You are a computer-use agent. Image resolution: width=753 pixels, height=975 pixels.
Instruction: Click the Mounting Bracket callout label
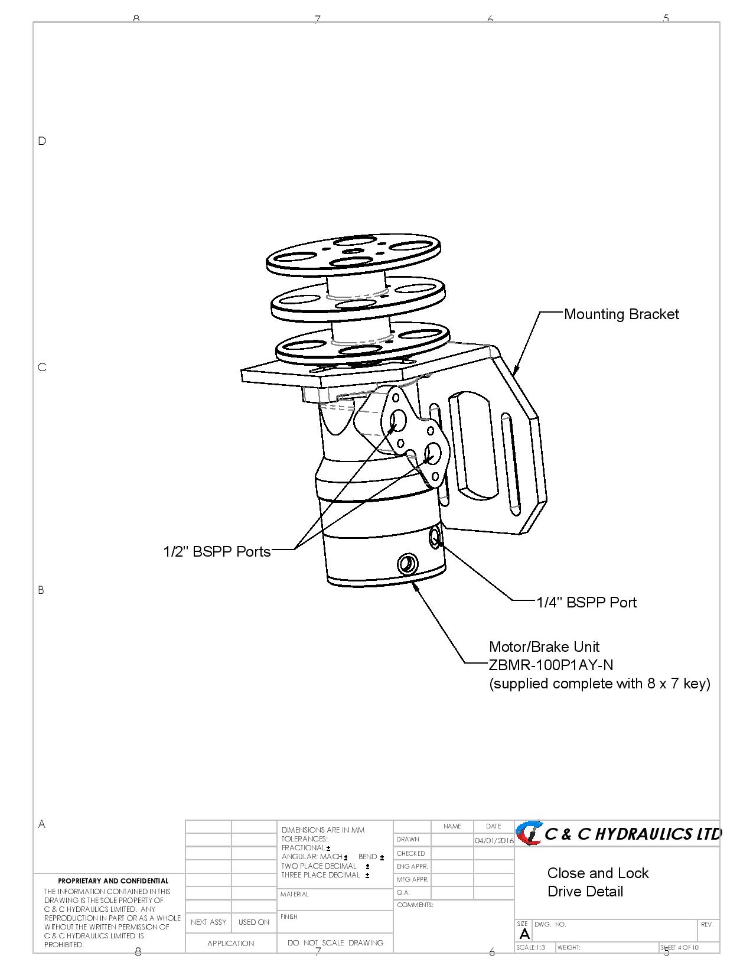point(621,314)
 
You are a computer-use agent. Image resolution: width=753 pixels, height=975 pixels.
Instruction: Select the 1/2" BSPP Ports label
point(217,551)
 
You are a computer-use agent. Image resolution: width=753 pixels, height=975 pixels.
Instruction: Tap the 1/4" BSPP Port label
point(586,602)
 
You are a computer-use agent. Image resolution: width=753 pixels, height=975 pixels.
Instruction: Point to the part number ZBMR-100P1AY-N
point(551,665)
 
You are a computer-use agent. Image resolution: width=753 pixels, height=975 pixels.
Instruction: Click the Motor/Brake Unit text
point(544,646)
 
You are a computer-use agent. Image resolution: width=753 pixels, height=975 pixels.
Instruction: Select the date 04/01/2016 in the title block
point(494,840)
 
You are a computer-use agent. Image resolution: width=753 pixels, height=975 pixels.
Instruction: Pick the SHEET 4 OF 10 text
point(679,948)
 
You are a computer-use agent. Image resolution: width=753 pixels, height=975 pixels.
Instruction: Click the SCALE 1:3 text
point(530,948)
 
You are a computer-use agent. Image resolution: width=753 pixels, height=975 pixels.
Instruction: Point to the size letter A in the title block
point(524,934)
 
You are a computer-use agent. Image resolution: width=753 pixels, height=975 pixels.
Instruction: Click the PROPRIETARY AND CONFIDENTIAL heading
point(113,881)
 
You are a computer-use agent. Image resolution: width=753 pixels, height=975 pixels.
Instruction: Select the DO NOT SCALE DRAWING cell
point(335,942)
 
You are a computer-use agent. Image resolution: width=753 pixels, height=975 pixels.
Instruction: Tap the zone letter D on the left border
point(42,141)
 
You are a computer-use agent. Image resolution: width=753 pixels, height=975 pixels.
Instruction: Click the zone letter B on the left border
point(41,590)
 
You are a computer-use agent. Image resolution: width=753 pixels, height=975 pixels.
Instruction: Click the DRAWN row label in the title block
point(408,839)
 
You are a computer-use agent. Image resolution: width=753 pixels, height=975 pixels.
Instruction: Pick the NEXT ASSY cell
point(208,922)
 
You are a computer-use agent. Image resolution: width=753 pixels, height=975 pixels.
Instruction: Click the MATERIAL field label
point(295,894)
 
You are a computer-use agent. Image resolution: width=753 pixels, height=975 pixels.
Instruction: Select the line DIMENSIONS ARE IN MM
point(323,830)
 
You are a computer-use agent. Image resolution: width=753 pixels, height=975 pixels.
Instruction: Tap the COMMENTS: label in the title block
point(415,905)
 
